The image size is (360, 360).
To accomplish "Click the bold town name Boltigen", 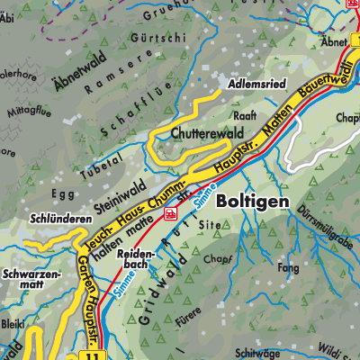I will (x=254, y=202).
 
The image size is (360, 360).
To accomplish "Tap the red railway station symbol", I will (x=169, y=212).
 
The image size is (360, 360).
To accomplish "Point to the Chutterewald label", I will (x=195, y=134).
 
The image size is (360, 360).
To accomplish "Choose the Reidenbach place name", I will (x=136, y=262).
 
